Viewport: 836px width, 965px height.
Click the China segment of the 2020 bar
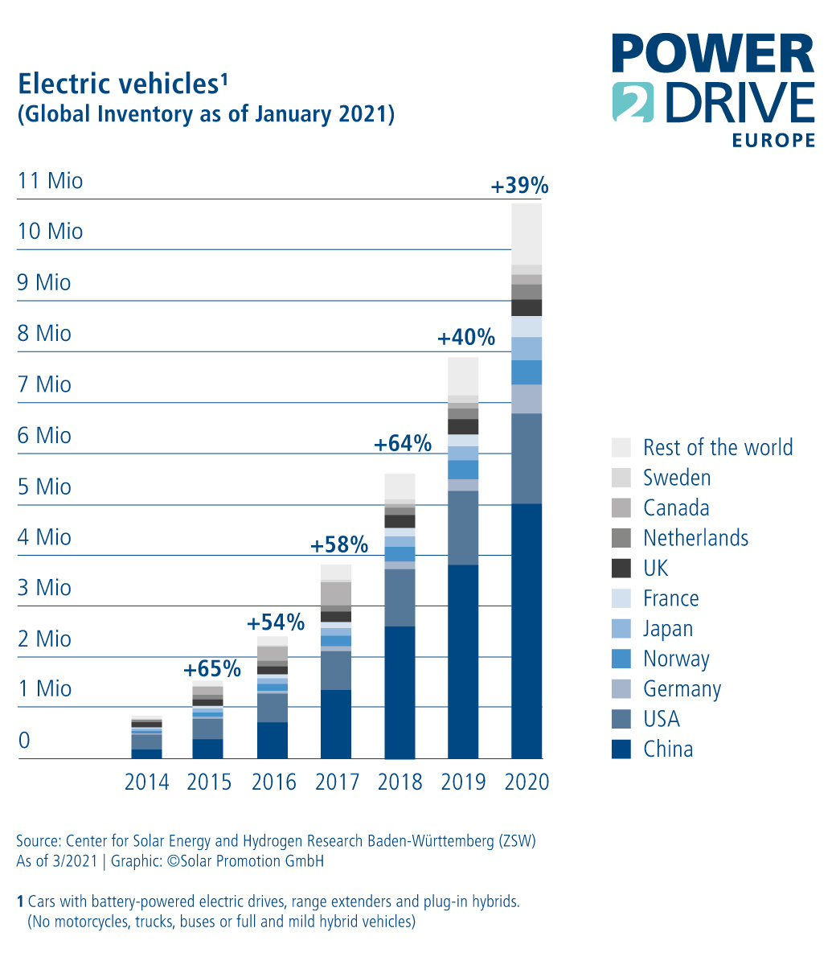coord(527,631)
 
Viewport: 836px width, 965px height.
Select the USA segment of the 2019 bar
coord(463,528)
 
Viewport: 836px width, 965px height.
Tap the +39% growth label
coord(519,187)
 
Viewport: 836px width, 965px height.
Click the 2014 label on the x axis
coord(146,782)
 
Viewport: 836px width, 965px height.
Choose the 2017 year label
coord(337,782)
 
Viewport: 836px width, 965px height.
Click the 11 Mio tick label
coord(50,180)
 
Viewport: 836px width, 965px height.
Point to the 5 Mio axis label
coord(44,487)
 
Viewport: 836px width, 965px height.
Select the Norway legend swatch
coord(621,659)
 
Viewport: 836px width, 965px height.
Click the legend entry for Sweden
coord(677,478)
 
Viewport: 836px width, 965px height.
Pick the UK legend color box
coord(621,568)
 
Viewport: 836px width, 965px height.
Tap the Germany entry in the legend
coord(682,689)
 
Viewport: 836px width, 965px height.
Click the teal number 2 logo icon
coord(632,102)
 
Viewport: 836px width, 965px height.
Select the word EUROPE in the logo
coord(773,141)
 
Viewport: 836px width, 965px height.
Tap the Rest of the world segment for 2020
coord(527,234)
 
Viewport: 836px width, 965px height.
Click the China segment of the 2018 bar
coord(400,692)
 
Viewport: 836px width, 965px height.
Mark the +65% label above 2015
coord(212,669)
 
